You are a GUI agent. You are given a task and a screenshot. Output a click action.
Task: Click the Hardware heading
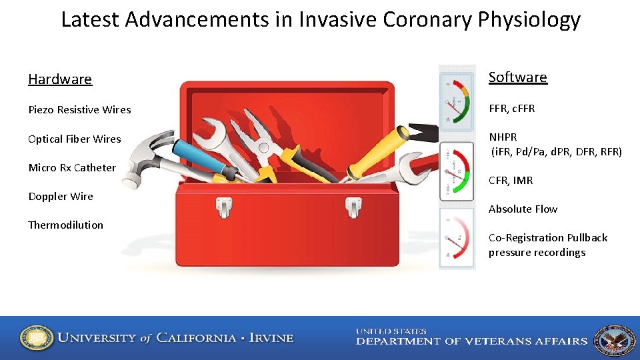point(60,79)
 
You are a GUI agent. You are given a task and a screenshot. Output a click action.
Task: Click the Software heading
point(517,77)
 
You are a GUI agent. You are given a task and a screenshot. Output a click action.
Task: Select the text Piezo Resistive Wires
point(79,109)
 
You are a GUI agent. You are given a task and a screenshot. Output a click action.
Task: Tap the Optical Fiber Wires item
point(75,139)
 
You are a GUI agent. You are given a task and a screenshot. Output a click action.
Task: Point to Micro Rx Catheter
point(72,167)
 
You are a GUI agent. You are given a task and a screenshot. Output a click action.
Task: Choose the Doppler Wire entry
point(61,196)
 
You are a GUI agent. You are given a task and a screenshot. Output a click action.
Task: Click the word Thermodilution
point(65,225)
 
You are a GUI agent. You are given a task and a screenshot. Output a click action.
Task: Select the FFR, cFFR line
point(511,108)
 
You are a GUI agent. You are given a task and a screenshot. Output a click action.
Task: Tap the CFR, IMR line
point(511,180)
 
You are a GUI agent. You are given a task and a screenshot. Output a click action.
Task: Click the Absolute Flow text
point(523,209)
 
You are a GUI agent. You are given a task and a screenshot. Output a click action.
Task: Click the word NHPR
point(503,137)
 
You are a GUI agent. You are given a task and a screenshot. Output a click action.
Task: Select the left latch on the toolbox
point(224,207)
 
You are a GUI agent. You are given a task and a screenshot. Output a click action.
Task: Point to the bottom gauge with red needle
point(457,239)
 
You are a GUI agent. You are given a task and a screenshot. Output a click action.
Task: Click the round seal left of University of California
point(36,338)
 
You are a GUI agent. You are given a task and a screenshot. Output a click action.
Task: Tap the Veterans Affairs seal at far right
point(614,340)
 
